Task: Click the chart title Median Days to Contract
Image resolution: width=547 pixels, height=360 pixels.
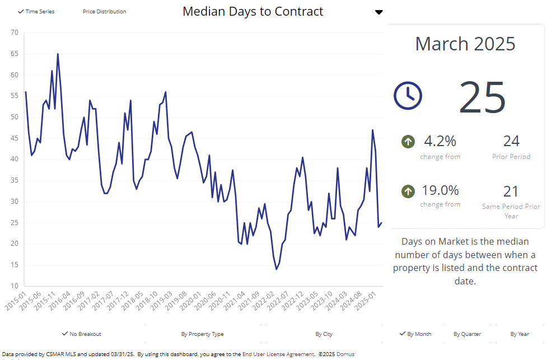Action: click(x=253, y=11)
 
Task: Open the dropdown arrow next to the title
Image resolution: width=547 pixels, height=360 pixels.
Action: click(x=379, y=12)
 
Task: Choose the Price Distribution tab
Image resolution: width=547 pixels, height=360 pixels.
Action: click(x=104, y=12)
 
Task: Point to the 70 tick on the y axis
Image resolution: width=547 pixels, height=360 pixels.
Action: click(x=15, y=32)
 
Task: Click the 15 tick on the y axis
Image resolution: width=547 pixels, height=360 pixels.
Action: click(x=15, y=264)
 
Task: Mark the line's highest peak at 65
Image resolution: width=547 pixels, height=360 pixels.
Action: click(x=58, y=54)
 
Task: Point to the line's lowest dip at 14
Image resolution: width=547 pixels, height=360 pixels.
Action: click(x=277, y=269)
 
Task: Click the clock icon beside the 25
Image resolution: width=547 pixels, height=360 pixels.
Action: click(x=408, y=95)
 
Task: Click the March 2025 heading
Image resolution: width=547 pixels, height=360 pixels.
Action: click(x=465, y=44)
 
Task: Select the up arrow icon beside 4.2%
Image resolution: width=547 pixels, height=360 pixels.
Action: click(x=408, y=142)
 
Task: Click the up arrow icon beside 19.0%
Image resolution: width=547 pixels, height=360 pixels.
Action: click(x=408, y=191)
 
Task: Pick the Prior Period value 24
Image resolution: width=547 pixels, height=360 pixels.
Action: click(x=511, y=141)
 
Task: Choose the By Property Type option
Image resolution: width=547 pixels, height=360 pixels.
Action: click(x=202, y=334)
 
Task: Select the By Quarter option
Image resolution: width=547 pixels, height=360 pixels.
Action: click(x=467, y=334)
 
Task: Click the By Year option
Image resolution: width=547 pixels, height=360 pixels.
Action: click(x=520, y=334)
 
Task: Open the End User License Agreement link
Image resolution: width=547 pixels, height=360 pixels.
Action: click(x=278, y=354)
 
